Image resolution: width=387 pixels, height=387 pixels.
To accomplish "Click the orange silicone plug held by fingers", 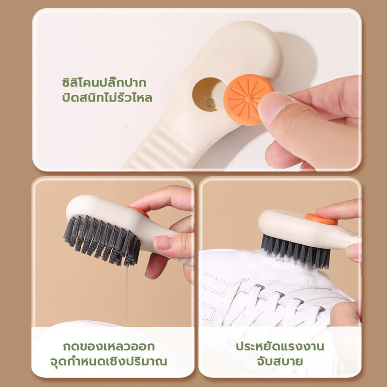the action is [x=248, y=100].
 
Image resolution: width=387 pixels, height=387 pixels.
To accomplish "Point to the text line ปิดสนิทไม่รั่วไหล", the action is [x=107, y=98].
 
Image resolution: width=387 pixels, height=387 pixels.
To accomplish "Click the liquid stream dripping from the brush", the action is [x=127, y=296].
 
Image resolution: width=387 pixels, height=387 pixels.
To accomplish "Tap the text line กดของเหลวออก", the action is [x=108, y=346].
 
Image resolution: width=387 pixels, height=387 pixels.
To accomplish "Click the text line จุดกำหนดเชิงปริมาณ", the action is [x=108, y=361].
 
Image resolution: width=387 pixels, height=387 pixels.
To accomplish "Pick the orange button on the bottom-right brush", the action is [x=321, y=219].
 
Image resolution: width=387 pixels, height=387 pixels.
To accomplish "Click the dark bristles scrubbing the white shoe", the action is [x=296, y=251].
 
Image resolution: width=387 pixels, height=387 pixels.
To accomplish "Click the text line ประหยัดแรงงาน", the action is [x=280, y=346].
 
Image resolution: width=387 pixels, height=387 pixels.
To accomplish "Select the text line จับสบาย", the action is [x=280, y=361].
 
